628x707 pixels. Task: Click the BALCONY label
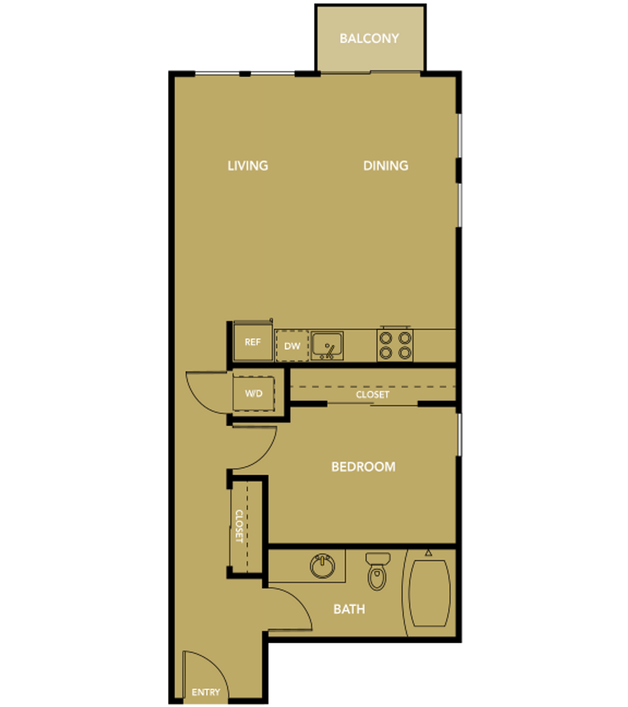[369, 39]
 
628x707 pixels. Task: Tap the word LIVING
[247, 166]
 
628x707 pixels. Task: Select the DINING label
[385, 166]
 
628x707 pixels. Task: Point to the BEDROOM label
[363, 467]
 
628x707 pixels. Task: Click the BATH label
[349, 609]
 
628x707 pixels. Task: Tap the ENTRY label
[206, 692]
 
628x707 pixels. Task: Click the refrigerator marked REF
[253, 342]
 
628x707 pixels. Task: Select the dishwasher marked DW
[292, 346]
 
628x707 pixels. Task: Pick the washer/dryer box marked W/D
[254, 393]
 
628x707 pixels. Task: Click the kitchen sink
[327, 346]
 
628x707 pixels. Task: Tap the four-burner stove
[395, 346]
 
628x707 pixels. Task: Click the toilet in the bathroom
[377, 571]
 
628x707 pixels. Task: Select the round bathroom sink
[323, 566]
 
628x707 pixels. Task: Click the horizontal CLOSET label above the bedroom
[373, 395]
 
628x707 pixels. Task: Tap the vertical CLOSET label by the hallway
[239, 526]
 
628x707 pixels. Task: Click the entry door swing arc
[219, 667]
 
